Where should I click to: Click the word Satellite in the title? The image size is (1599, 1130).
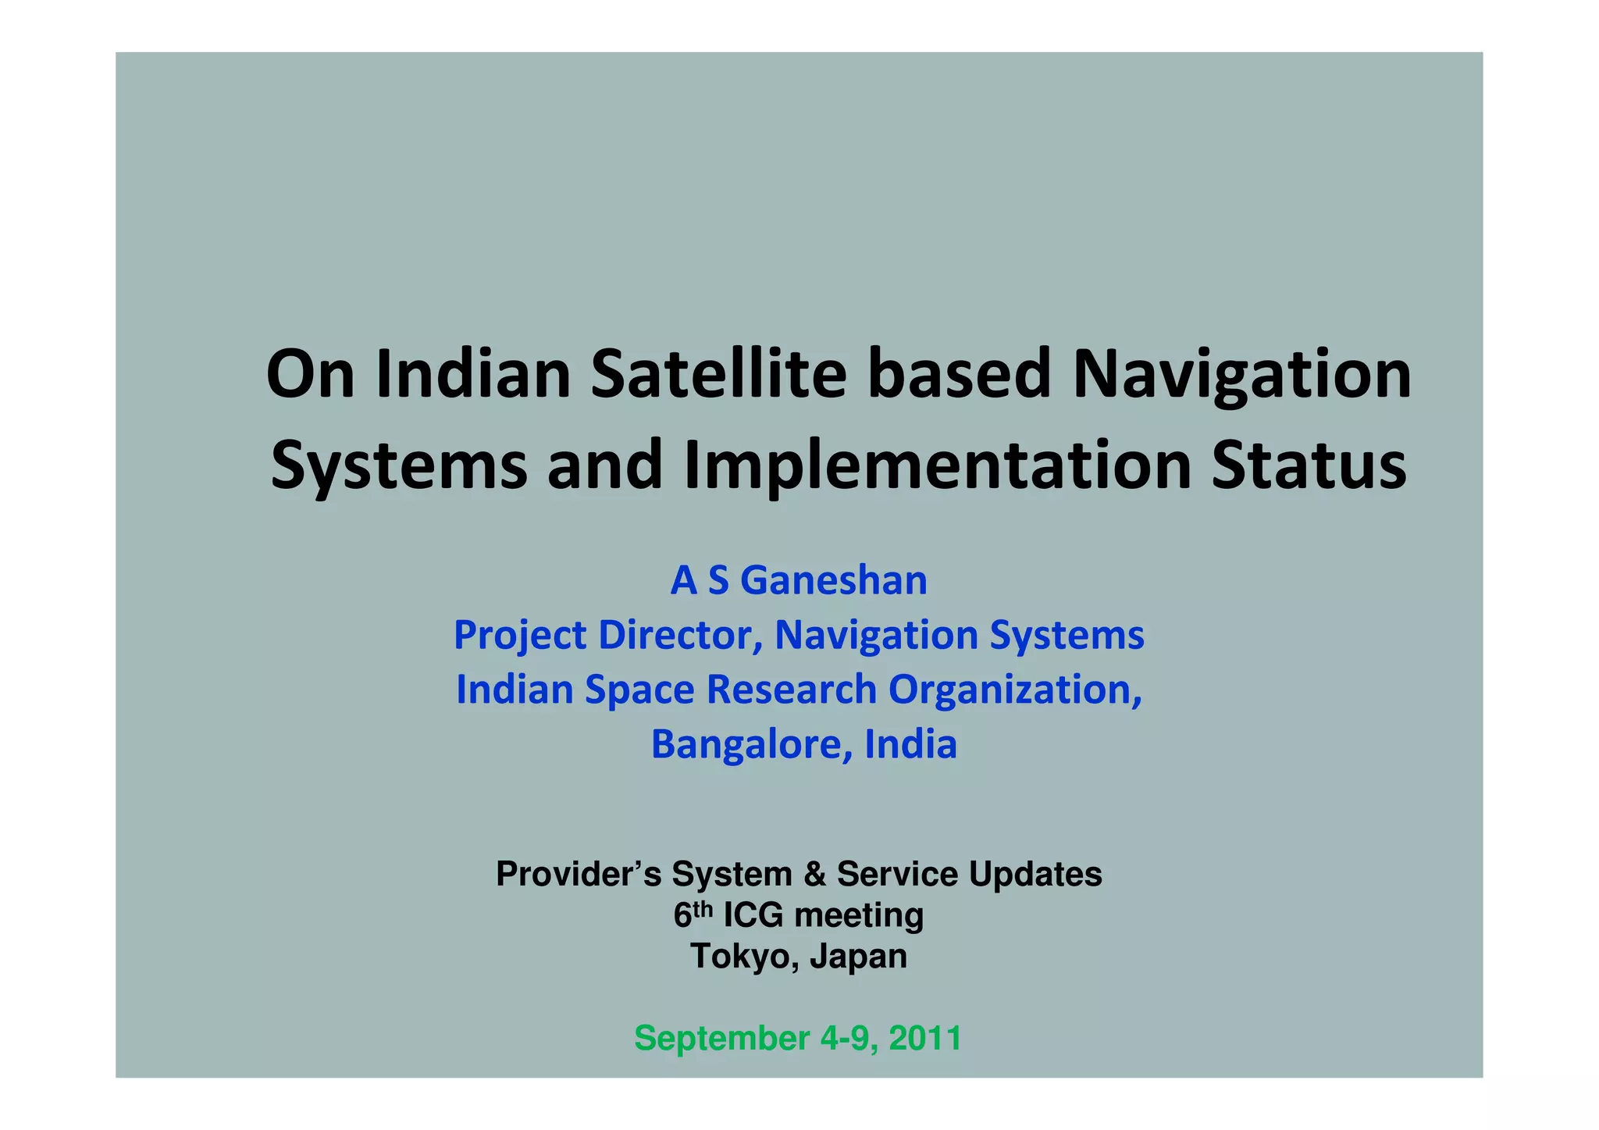click(x=718, y=374)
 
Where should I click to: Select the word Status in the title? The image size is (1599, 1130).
click(x=1309, y=465)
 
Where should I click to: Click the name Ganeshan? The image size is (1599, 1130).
click(x=833, y=581)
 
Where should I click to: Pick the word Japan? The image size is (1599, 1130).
click(x=859, y=957)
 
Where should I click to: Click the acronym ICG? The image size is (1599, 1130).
click(x=753, y=915)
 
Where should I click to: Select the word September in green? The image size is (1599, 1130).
click(x=721, y=1039)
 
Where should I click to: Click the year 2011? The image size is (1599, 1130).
click(x=924, y=1039)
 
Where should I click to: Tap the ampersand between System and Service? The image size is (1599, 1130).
click(x=814, y=874)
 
